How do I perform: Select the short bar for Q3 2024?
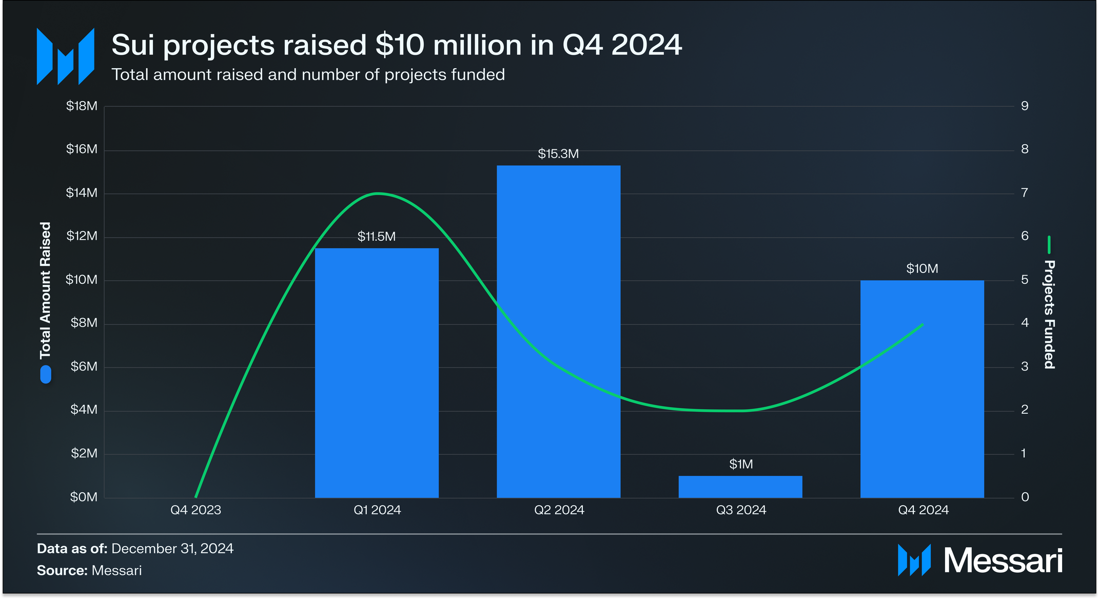(740, 487)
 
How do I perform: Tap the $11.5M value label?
(377, 237)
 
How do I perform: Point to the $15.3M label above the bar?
(558, 154)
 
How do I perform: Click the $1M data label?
(741, 465)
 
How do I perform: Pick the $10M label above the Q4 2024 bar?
(922, 269)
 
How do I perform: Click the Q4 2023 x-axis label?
(195, 510)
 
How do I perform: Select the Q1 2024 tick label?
(377, 510)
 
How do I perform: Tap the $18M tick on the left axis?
(82, 106)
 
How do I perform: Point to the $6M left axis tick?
(84, 366)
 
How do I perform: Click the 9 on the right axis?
(1025, 106)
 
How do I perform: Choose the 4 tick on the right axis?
(1025, 323)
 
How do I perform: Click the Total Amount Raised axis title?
(46, 291)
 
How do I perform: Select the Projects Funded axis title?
(1049, 314)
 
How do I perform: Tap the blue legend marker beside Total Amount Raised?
(46, 374)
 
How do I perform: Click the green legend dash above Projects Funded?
(1049, 245)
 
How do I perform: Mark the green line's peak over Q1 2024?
(378, 194)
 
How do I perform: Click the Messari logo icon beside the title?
(66, 56)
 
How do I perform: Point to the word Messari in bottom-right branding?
(1003, 561)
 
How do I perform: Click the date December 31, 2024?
(172, 549)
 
